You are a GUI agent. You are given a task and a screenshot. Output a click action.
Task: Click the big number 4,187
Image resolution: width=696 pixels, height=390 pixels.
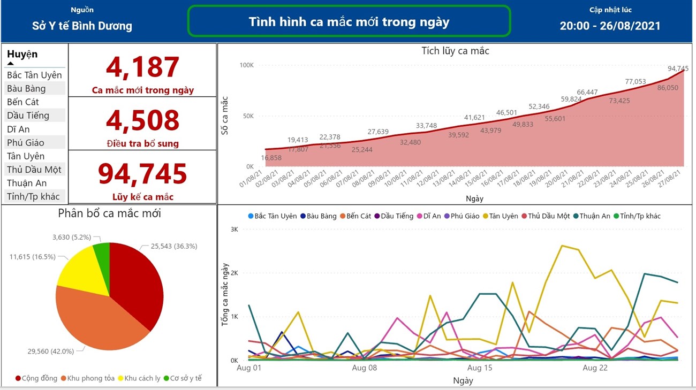(142, 67)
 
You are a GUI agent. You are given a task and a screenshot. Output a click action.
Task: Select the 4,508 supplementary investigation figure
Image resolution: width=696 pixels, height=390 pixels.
(142, 121)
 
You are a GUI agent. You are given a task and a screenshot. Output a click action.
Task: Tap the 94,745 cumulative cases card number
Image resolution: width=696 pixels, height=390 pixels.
(142, 174)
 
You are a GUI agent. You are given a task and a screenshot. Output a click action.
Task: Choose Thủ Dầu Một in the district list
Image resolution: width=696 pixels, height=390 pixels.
(34, 170)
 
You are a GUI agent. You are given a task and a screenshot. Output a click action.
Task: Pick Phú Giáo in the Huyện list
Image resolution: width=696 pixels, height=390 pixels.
(26, 142)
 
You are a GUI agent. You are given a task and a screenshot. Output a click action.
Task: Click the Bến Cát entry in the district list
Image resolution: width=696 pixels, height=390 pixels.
(23, 102)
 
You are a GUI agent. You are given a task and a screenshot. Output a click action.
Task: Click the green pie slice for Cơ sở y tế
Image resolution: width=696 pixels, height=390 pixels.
(102, 252)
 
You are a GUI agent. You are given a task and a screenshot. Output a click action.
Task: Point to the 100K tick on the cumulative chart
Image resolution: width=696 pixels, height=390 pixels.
(246, 65)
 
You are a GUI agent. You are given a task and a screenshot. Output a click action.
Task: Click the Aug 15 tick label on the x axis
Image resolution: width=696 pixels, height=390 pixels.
(479, 368)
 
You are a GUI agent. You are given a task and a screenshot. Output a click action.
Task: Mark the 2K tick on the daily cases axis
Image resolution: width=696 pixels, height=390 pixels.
(234, 273)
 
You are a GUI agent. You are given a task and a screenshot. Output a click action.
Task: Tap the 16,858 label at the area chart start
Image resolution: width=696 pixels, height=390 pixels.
(271, 158)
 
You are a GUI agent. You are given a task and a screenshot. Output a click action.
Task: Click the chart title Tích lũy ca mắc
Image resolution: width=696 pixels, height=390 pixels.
(455, 51)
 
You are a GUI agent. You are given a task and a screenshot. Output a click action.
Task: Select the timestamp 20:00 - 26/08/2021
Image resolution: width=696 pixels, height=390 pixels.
(610, 26)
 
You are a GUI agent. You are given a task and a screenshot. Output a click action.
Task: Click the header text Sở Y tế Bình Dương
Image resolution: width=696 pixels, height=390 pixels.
(82, 26)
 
